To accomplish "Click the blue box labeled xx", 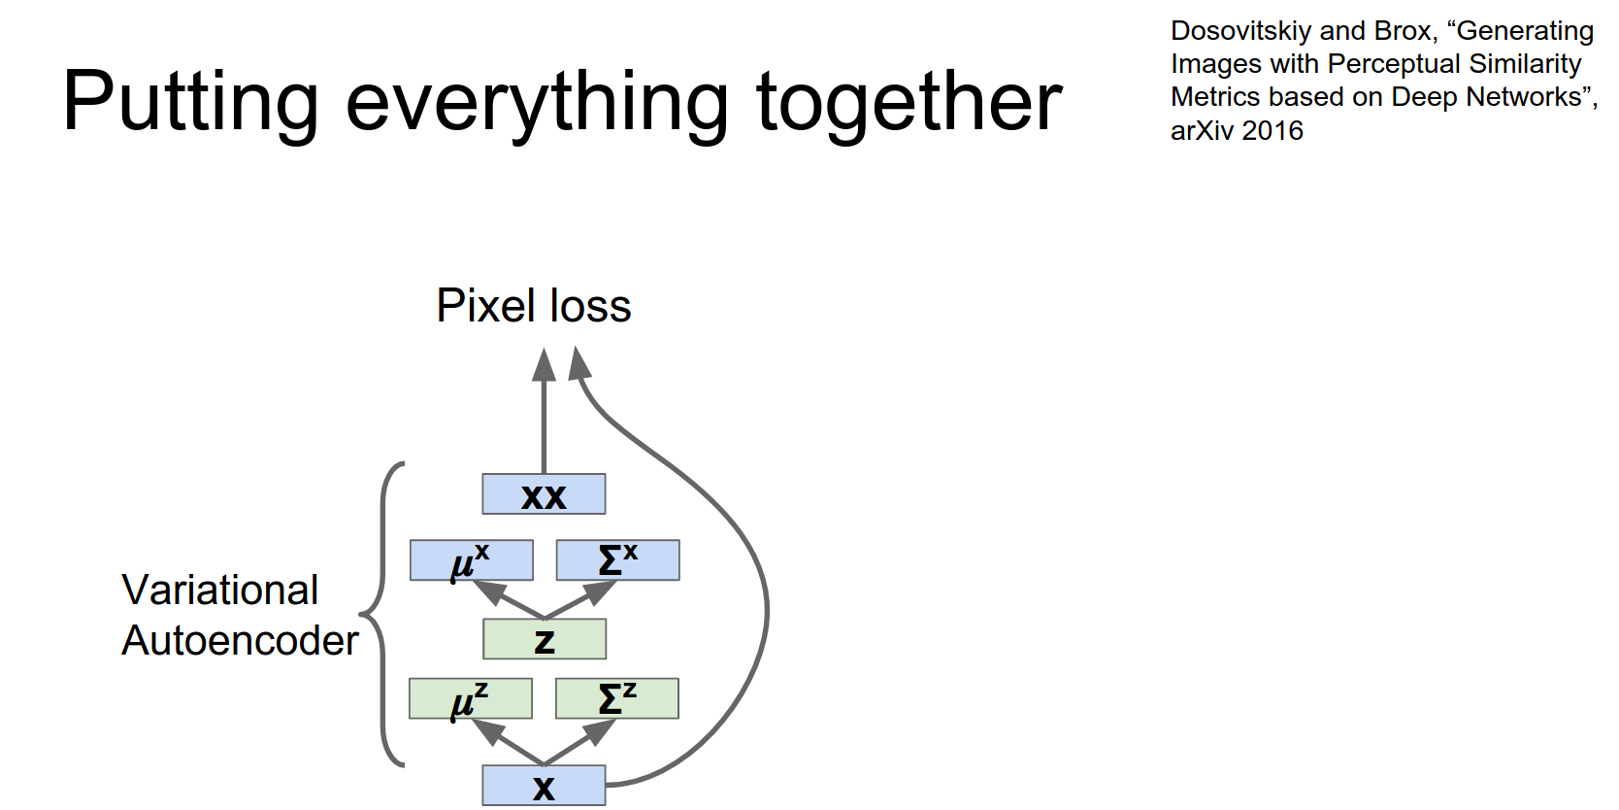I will (544, 494).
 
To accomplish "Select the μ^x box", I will (471, 560).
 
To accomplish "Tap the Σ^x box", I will (617, 560).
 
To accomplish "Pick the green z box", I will (545, 639).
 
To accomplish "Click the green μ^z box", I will (470, 698).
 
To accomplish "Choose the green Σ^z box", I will (616, 698).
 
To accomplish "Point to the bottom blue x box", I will (544, 786).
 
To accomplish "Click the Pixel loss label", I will (533, 306).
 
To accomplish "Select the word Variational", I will (220, 590).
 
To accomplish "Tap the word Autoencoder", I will (240, 641).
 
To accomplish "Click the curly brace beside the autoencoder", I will (381, 614).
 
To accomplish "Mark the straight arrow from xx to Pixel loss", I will (545, 418).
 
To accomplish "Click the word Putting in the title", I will (190, 102).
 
